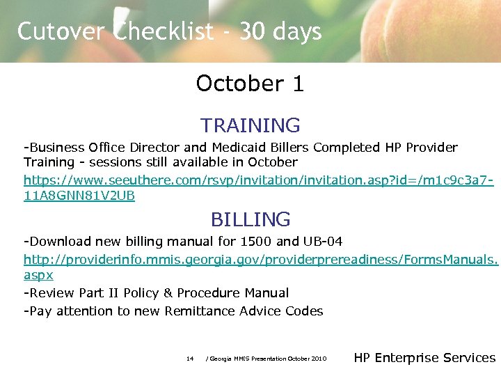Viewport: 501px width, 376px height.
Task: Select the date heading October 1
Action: click(250, 84)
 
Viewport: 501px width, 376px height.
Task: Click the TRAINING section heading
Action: click(250, 125)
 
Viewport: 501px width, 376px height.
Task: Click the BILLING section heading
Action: click(250, 219)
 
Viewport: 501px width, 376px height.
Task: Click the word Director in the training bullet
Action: click(154, 148)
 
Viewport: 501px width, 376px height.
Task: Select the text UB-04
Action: click(323, 242)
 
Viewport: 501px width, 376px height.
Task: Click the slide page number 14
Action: click(190, 359)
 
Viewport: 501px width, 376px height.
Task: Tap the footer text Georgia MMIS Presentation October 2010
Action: click(267, 359)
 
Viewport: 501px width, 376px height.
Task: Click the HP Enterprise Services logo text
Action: click(424, 358)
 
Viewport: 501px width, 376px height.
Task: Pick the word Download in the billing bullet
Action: click(59, 242)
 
